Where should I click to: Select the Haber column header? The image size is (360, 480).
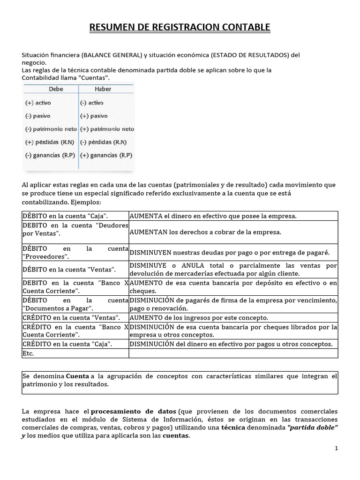(x=103, y=89)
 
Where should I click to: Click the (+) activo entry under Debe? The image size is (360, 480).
(x=37, y=102)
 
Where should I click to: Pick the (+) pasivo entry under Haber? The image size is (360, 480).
(x=96, y=115)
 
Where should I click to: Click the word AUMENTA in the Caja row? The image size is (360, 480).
(x=145, y=216)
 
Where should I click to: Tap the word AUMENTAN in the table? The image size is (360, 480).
(x=148, y=232)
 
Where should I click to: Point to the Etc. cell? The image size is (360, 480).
(x=28, y=353)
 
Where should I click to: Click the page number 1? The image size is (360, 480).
(x=336, y=448)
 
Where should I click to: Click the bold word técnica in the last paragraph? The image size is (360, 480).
(x=233, y=428)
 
